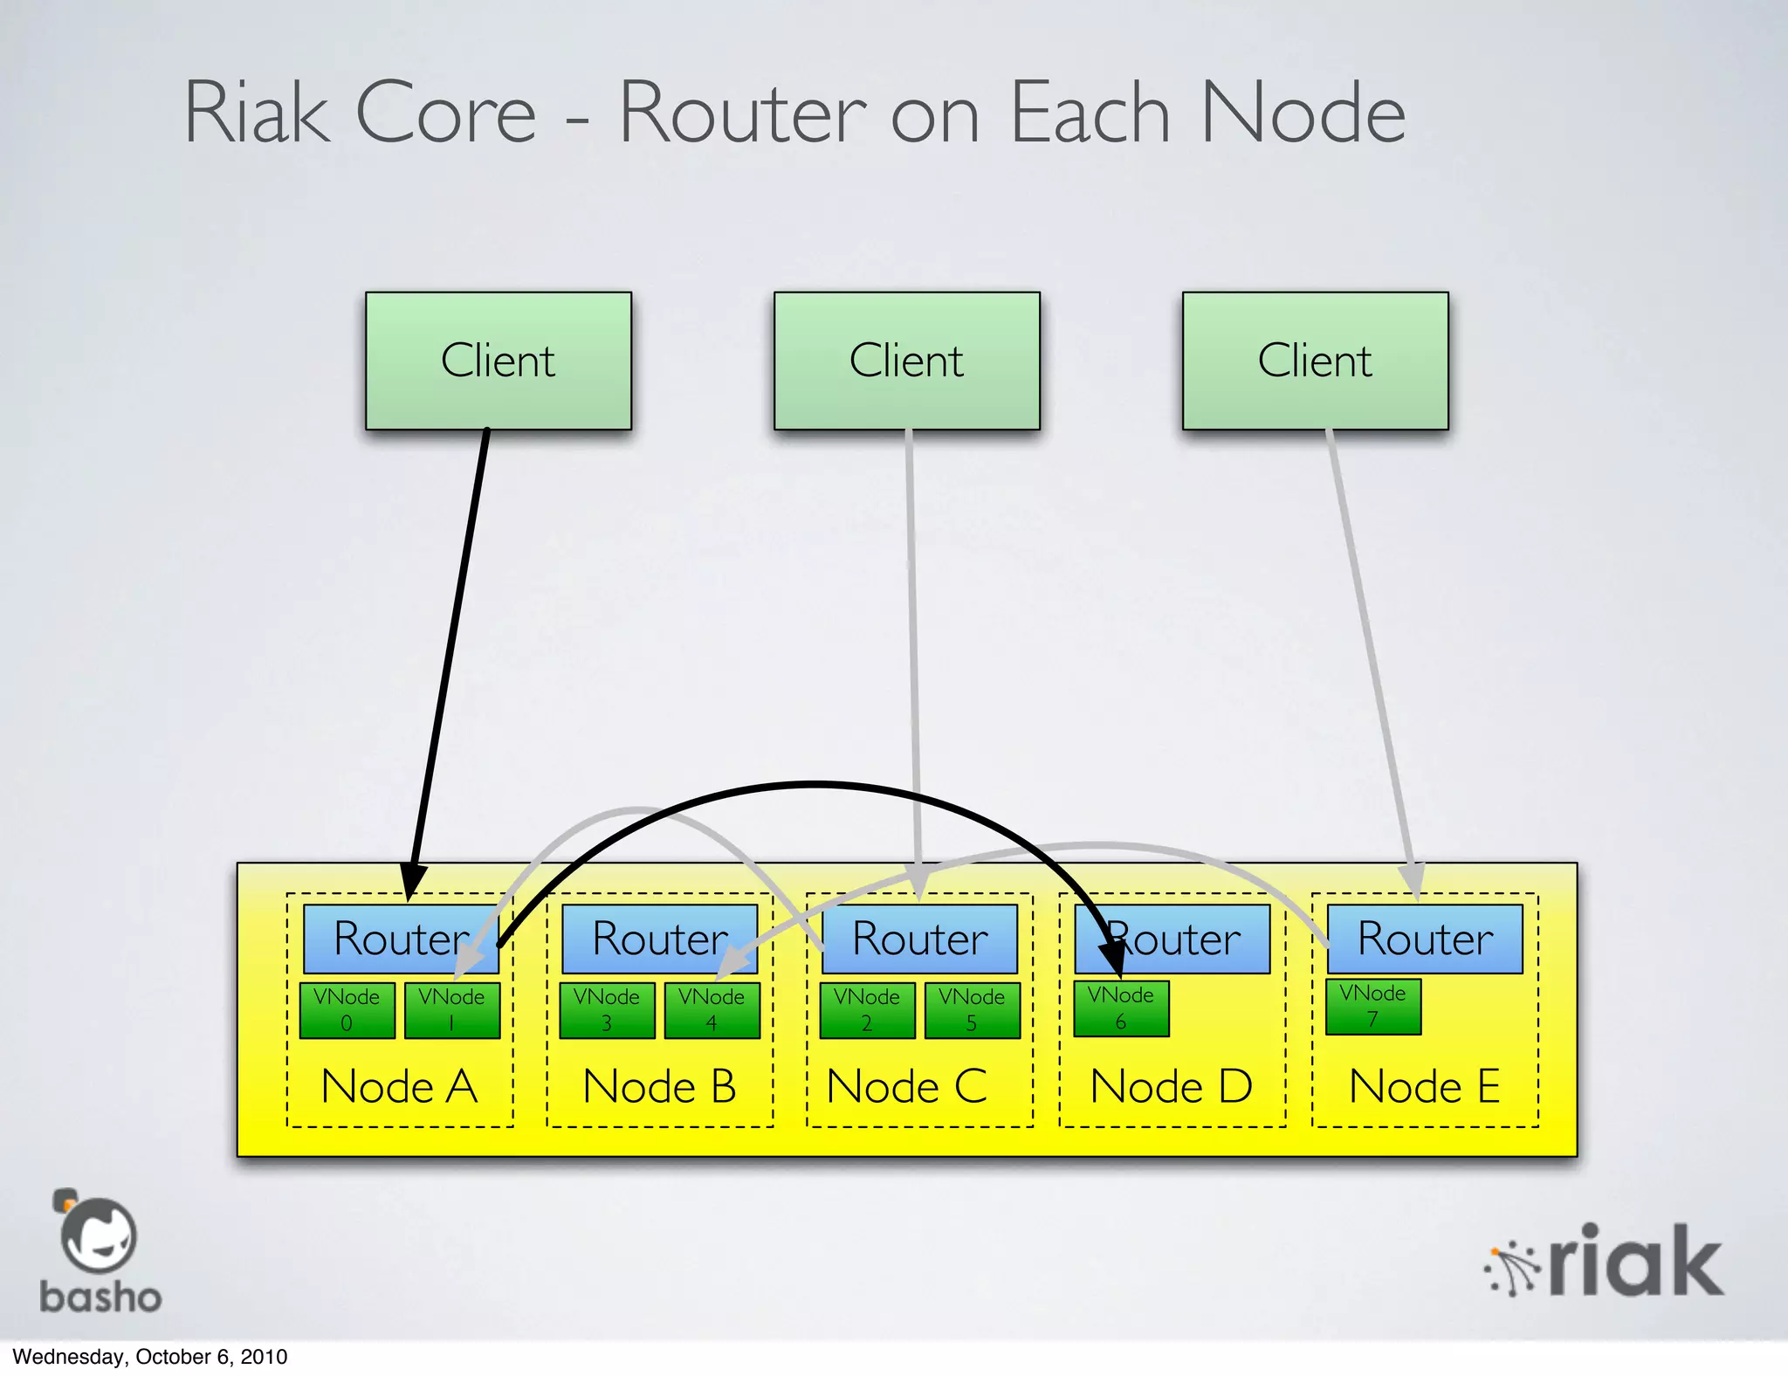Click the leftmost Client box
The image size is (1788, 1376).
click(x=498, y=361)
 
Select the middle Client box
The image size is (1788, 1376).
click(x=906, y=361)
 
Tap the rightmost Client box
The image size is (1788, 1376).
click(x=1315, y=361)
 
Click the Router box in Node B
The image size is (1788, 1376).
click(x=659, y=939)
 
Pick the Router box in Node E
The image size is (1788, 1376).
click(x=1425, y=939)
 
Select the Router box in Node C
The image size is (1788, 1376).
click(x=919, y=939)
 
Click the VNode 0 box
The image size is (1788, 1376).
click(x=347, y=1010)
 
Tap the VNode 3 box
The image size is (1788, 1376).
click(x=607, y=1010)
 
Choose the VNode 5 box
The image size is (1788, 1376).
click(x=972, y=1010)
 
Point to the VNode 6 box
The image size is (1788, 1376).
click(x=1121, y=1008)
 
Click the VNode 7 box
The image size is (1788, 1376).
click(x=1372, y=1007)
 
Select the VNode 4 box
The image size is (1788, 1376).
click(x=712, y=1010)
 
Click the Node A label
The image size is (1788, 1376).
click(x=399, y=1087)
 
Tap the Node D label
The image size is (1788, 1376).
click(x=1171, y=1087)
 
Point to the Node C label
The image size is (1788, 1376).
click(x=906, y=1087)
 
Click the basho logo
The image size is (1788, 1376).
click(x=99, y=1253)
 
